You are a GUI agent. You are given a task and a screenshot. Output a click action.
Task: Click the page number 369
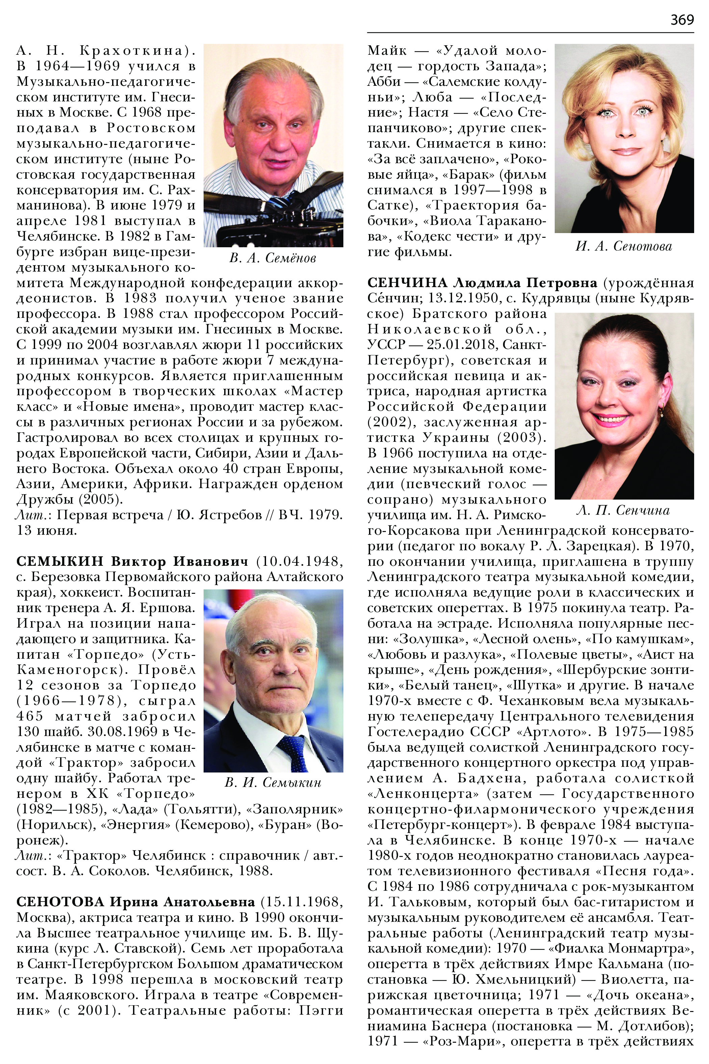coord(682,20)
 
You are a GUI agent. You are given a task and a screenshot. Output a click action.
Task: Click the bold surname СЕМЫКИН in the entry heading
coord(60,561)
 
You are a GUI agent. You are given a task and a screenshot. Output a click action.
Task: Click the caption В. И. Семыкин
coord(273,782)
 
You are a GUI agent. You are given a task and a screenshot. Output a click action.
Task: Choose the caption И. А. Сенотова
coord(624,246)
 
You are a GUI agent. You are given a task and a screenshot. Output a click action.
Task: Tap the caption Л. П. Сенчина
coord(623,510)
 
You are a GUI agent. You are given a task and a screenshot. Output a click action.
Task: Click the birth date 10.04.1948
coord(299,561)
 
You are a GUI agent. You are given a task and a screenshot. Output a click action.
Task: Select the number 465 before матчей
coord(30,716)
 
